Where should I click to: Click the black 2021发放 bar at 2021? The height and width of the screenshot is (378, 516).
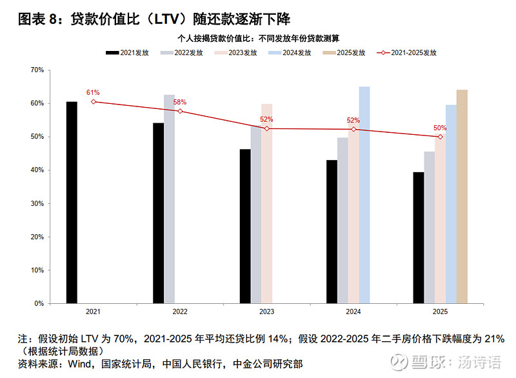[72, 202]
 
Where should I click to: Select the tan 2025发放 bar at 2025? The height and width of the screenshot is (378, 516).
[462, 196]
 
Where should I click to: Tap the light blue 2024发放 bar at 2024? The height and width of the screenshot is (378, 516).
[364, 195]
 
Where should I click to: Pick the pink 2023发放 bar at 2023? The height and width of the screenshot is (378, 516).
[267, 203]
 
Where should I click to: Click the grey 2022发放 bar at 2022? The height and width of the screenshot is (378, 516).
[169, 199]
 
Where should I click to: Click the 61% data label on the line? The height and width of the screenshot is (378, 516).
[94, 93]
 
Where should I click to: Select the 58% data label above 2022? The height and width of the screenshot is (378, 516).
[180, 102]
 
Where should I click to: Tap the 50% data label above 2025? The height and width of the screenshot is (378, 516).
[440, 128]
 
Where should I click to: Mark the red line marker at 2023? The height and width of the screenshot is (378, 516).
[267, 128]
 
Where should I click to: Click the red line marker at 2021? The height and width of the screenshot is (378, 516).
[94, 101]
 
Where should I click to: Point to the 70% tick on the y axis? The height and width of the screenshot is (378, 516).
[37, 70]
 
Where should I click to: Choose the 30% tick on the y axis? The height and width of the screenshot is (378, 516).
[37, 203]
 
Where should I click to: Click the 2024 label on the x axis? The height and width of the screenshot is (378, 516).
[353, 312]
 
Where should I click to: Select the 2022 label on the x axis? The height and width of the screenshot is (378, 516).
[180, 312]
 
